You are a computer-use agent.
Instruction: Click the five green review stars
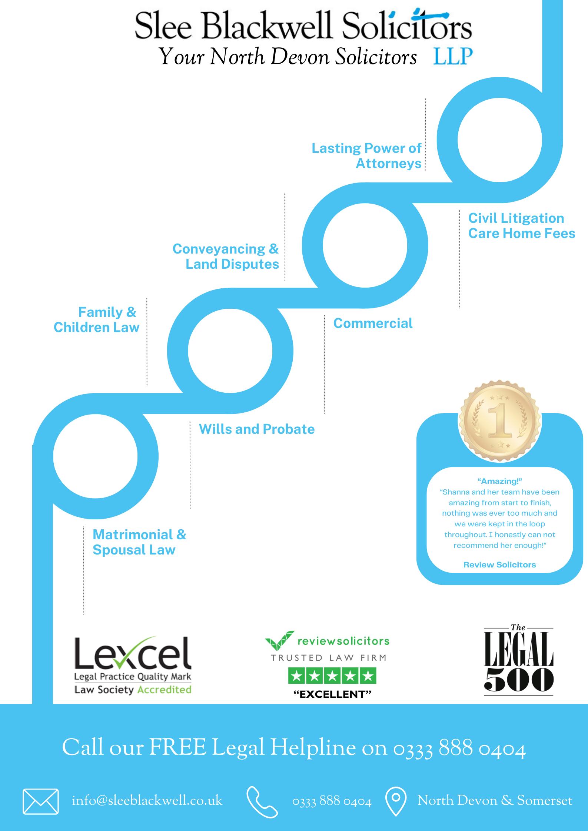pos(332,676)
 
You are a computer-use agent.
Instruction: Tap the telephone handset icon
pos(262,801)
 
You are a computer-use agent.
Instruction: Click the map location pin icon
pos(396,801)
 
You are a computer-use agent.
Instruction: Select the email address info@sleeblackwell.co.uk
pos(147,801)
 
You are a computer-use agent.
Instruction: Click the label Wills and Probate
pos(257,429)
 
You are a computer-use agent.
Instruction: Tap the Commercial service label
pos(373,323)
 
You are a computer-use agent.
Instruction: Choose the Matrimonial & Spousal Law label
pos(139,542)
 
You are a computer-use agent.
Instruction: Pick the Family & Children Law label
pos(97,319)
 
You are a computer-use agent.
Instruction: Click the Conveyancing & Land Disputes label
pos(226,256)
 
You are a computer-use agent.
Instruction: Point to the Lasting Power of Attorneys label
pos(366,155)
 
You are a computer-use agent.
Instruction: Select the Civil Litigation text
pos(516,218)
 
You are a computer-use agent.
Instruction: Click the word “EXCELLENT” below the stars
pos(332,694)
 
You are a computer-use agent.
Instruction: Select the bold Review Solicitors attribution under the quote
pos(499,564)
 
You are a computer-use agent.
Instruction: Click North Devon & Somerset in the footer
pos(495,801)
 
